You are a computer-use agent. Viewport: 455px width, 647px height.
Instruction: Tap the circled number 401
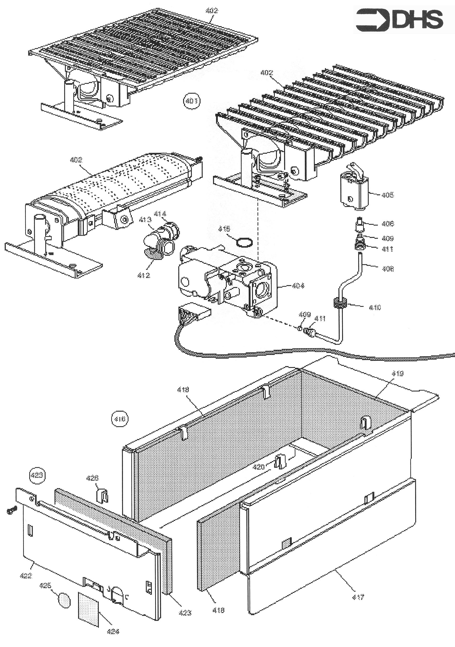192,101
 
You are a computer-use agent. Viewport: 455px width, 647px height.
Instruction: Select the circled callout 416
120,419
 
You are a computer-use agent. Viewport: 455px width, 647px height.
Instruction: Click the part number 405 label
388,195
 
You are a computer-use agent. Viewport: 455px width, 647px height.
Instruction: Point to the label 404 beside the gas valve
298,286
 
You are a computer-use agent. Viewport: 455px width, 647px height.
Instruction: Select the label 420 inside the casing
259,467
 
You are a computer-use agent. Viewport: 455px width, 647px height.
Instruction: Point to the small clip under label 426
102,496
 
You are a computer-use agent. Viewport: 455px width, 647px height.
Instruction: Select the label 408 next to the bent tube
388,269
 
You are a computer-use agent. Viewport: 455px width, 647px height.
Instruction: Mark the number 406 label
388,224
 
